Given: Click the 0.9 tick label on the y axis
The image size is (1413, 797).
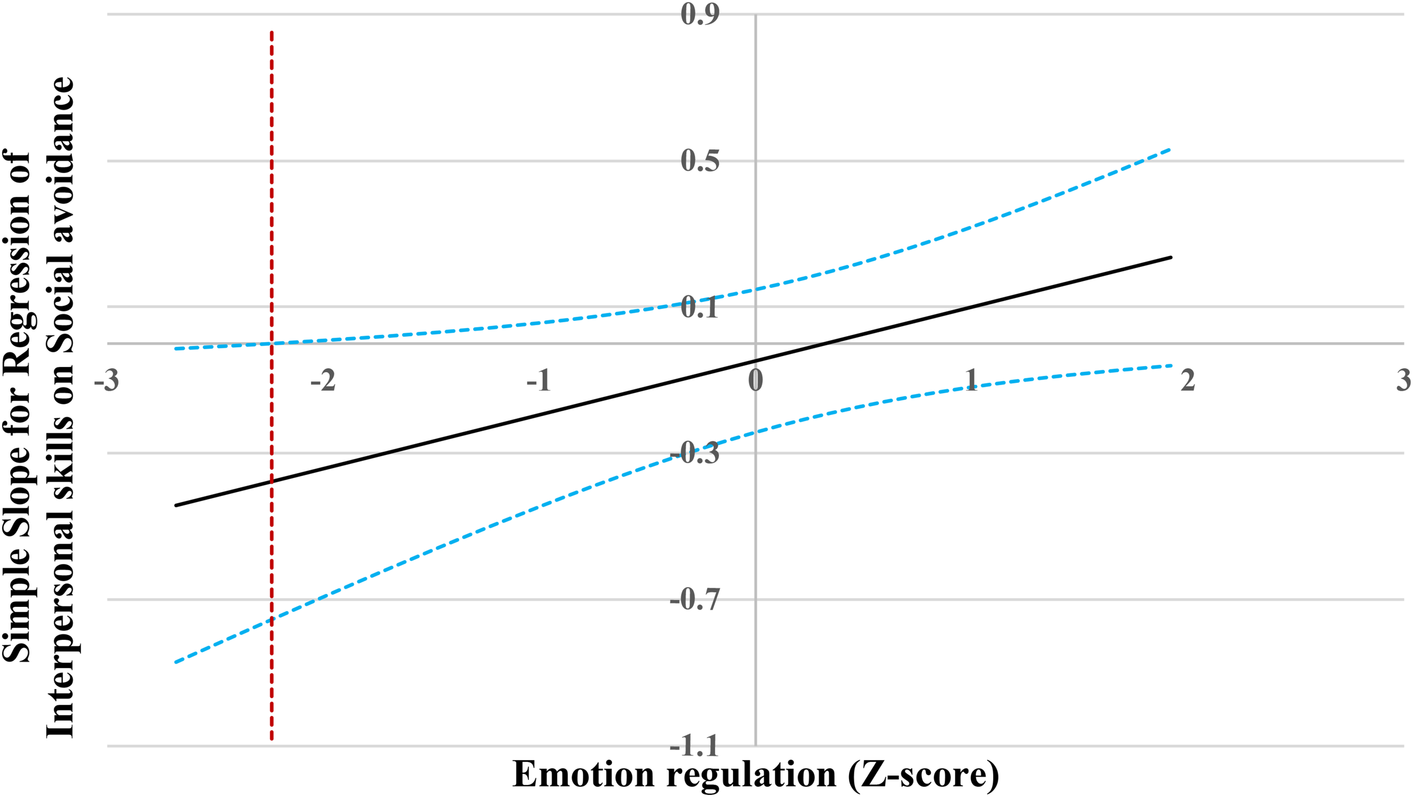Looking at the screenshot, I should pyautogui.click(x=700, y=14).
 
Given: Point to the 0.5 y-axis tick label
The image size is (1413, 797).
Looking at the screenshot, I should pyautogui.click(x=700, y=161).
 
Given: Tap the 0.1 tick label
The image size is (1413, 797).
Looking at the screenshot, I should pyautogui.click(x=700, y=307).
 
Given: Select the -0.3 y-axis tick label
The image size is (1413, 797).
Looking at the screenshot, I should pyautogui.click(x=695, y=453).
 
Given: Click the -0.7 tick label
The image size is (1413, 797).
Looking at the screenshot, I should pyautogui.click(x=695, y=600).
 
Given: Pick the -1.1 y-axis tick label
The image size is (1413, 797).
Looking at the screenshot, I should pyautogui.click(x=695, y=747).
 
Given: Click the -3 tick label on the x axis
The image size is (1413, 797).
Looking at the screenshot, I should pyautogui.click(x=107, y=380).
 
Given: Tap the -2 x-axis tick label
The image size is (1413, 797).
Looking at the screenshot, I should pyautogui.click(x=323, y=380).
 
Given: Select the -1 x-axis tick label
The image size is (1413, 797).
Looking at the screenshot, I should pyautogui.click(x=539, y=380).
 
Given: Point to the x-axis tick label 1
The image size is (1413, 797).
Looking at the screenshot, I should pyautogui.click(x=972, y=380).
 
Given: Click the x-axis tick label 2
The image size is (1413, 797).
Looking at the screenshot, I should pyautogui.click(x=1188, y=380).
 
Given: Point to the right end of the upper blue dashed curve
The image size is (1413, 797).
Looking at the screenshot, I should pyautogui.click(x=1169, y=149).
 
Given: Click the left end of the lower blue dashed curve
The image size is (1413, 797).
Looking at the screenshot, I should pyautogui.click(x=176, y=662).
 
